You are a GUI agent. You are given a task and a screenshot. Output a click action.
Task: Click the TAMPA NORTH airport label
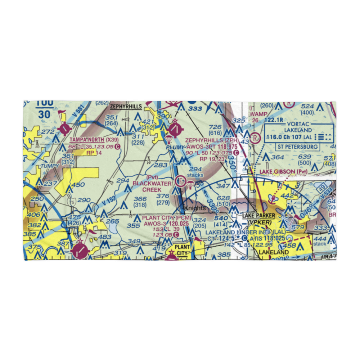click(82, 140)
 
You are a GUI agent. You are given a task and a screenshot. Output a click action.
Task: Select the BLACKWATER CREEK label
click(147, 186)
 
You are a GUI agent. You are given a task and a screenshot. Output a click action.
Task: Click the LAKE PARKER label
click(258, 216)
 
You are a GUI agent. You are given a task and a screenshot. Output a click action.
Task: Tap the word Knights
click(195, 208)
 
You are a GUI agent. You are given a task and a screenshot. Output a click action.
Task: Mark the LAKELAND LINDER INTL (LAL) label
click(245, 232)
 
